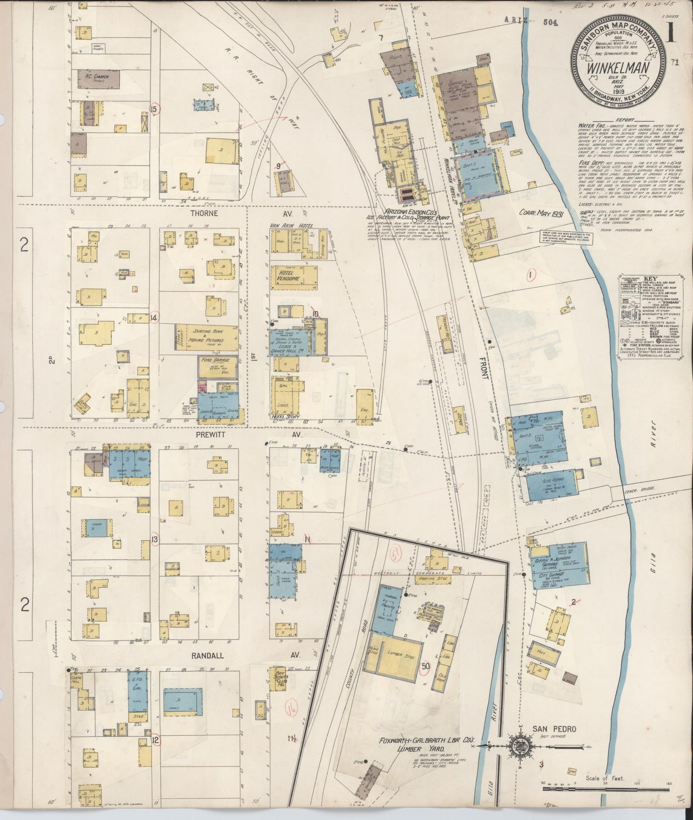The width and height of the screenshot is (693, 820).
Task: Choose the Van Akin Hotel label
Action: (292, 225)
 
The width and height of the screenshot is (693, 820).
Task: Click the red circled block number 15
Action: (154, 108)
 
